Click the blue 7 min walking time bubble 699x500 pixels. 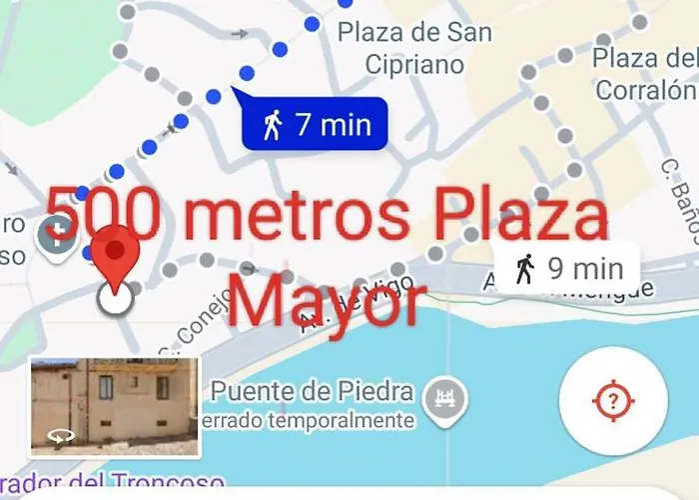(x=316, y=125)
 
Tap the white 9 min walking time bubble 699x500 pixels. (x=565, y=268)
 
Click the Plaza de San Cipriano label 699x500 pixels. (x=413, y=48)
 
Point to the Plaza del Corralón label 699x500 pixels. (x=645, y=73)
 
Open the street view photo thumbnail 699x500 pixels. (x=116, y=406)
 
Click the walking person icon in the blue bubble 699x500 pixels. (x=273, y=125)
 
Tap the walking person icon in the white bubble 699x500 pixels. (x=525, y=268)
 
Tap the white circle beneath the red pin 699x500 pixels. (x=117, y=297)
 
